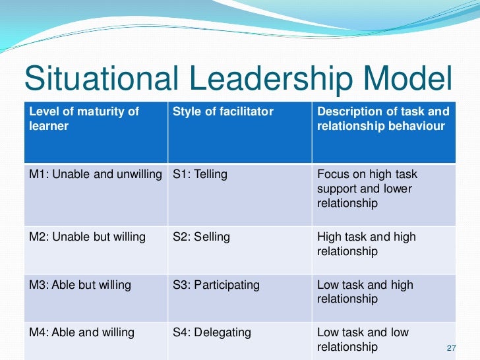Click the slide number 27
(452, 349)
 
